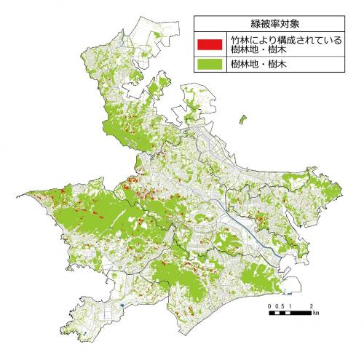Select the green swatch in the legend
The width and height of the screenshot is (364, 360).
click(208, 64)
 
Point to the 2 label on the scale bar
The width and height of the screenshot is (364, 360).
click(312, 305)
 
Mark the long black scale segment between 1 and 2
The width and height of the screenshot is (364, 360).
click(301, 313)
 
